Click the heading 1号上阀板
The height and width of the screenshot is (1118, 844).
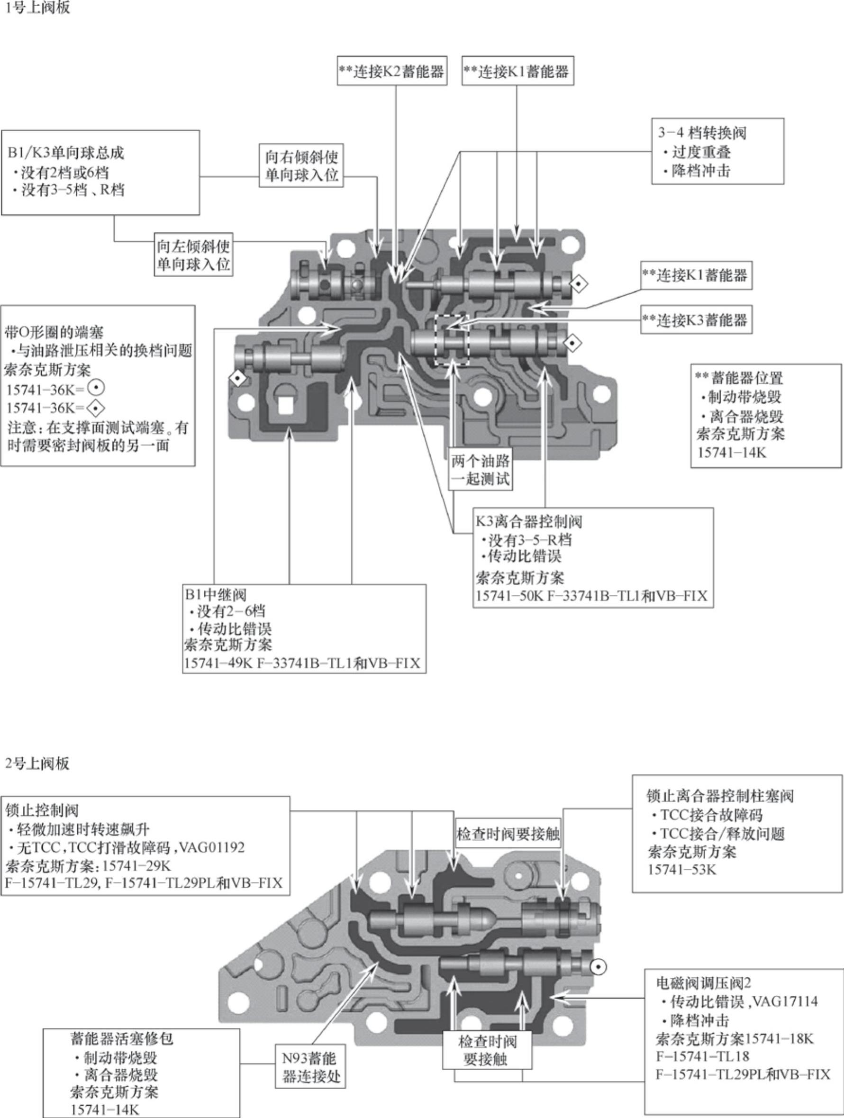[36, 8]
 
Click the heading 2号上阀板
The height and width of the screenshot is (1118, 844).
[36, 763]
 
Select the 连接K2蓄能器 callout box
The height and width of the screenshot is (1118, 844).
[392, 71]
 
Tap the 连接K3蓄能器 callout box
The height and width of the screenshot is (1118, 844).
[696, 319]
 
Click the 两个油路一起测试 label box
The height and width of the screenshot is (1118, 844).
[480, 469]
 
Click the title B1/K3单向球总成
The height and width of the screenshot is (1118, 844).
[66, 153]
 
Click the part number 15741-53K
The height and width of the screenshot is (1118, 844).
[682, 869]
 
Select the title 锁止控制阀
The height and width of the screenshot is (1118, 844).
[42, 810]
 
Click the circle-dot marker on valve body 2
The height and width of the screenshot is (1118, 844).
[599, 966]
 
